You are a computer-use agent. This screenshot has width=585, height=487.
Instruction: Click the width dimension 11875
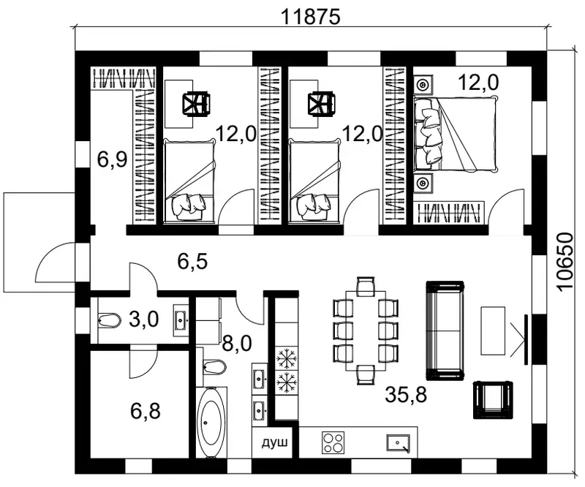[x=310, y=17]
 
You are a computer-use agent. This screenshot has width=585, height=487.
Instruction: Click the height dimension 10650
[x=564, y=261]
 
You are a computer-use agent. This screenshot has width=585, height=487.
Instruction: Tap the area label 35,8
[x=406, y=395]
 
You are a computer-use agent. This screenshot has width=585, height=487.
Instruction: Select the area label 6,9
[x=112, y=159]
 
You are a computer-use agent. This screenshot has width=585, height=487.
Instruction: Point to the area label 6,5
[x=192, y=261]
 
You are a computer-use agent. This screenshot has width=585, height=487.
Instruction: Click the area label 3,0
[x=143, y=320]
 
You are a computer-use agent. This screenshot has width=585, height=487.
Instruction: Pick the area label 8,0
[x=237, y=344]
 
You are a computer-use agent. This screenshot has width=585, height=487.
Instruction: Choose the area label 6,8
[x=146, y=411]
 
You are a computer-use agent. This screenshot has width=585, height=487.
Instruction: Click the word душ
[x=275, y=443]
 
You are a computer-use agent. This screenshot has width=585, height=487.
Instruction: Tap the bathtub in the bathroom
[x=211, y=423]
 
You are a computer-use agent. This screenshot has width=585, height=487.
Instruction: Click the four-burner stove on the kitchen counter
[x=333, y=443]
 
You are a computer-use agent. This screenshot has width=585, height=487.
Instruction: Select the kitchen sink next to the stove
[x=399, y=443]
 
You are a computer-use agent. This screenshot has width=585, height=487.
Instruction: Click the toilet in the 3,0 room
[x=110, y=320]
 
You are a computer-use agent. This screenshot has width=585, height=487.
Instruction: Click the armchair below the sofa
[x=493, y=400]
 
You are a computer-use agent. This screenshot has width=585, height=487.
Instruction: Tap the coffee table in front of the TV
[x=492, y=331]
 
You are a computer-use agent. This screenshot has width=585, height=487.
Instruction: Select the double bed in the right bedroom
[x=456, y=134]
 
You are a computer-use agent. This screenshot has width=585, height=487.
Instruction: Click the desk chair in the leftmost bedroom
[x=196, y=104]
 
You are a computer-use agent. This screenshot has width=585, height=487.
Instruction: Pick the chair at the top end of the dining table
[x=366, y=286]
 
